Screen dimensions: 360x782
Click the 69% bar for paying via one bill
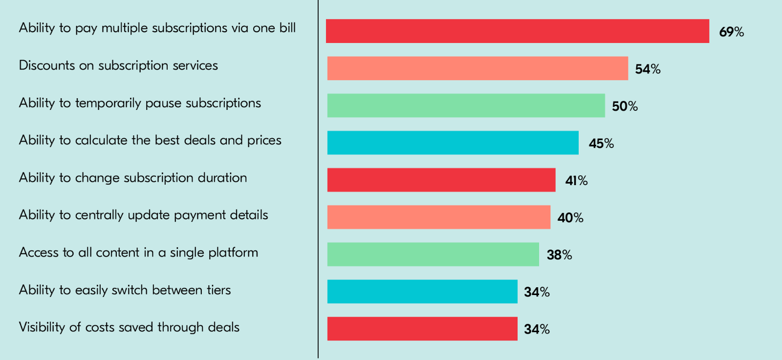point(517,31)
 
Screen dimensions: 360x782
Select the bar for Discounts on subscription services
point(478,68)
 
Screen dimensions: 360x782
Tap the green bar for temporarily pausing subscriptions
point(466,106)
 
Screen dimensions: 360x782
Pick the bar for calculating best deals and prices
point(453,143)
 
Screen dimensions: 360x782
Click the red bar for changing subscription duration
point(441,180)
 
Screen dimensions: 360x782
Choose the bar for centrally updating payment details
point(438,217)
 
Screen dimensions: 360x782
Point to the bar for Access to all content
point(433,254)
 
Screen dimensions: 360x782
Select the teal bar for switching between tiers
point(422,292)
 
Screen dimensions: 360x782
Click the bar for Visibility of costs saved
point(422,329)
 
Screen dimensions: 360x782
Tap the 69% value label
point(731,32)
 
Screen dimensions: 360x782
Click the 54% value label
point(648,69)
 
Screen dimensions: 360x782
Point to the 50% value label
point(625,106)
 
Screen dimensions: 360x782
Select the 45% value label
point(601,144)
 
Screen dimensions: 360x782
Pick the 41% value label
point(576,181)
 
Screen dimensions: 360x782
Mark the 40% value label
point(570,218)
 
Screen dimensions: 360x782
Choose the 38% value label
point(559,255)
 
